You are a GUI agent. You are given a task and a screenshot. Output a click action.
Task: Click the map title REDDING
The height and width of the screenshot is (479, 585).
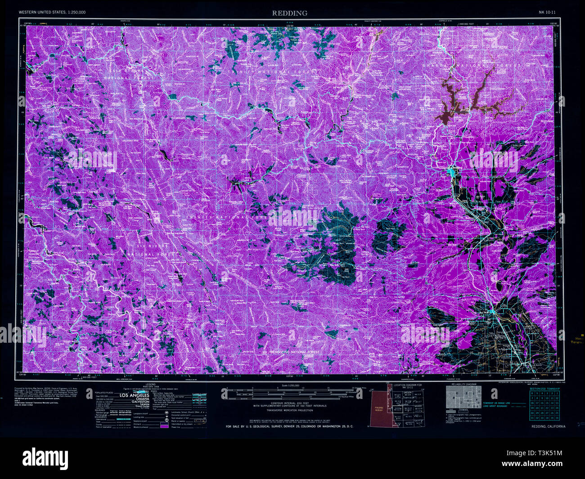tap(289, 13)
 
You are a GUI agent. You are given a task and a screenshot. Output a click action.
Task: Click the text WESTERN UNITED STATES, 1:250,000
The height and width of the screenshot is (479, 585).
tap(52, 12)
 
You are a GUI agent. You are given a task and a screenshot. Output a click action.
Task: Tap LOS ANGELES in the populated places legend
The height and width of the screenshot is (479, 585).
tap(134, 395)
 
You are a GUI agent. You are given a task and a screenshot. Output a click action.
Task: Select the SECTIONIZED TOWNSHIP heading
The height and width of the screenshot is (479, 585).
tap(544, 388)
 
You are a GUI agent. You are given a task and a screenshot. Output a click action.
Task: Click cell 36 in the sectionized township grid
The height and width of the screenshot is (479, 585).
tap(557, 417)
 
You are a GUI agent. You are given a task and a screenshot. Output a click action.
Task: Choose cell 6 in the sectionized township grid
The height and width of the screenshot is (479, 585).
tap(531, 393)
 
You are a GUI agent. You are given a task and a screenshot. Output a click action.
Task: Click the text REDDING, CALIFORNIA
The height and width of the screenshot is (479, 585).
tap(548, 426)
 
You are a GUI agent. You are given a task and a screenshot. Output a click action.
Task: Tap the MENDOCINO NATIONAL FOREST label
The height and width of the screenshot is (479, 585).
tap(295, 352)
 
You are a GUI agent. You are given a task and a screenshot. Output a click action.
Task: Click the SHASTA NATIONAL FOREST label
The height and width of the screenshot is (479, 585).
tap(470, 66)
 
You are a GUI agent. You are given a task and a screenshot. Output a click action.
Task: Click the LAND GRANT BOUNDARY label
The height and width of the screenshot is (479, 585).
tap(495, 406)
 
